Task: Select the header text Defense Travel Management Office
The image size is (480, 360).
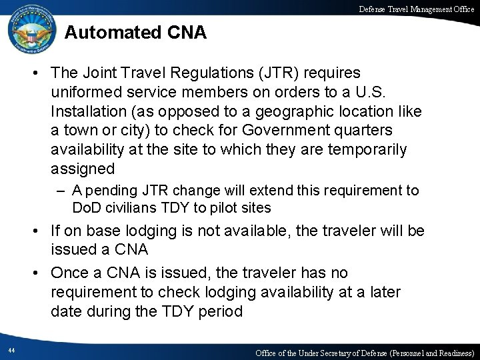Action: pyautogui.click(x=416, y=8)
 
